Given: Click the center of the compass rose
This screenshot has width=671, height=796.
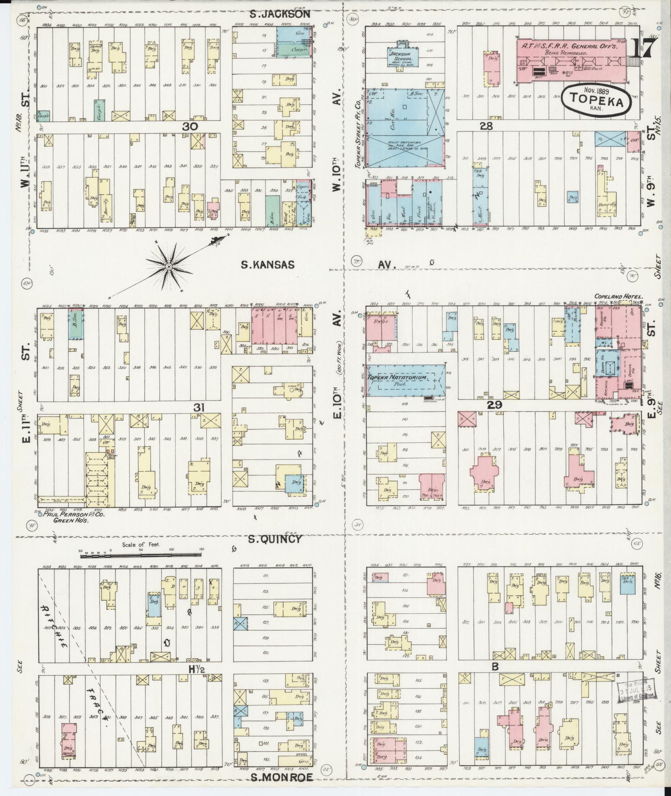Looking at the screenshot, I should pos(169,266).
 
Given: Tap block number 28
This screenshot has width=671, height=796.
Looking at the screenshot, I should pos(486,126).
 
